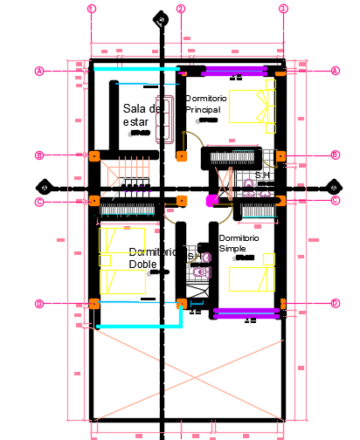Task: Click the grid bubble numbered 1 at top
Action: pyautogui.click(x=91, y=9)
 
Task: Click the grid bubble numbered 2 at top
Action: pyautogui.click(x=181, y=9)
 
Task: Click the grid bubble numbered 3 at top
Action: pyautogui.click(x=283, y=9)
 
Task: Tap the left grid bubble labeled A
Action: pyautogui.click(x=39, y=71)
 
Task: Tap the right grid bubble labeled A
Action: pyautogui.click(x=336, y=71)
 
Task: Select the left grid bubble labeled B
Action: pyautogui.click(x=39, y=155)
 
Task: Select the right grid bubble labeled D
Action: pyautogui.click(x=336, y=304)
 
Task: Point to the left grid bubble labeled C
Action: pyautogui.click(x=39, y=202)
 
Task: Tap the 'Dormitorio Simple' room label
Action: pyautogui.click(x=239, y=243)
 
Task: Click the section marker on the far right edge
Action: pyautogui.click(x=332, y=187)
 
